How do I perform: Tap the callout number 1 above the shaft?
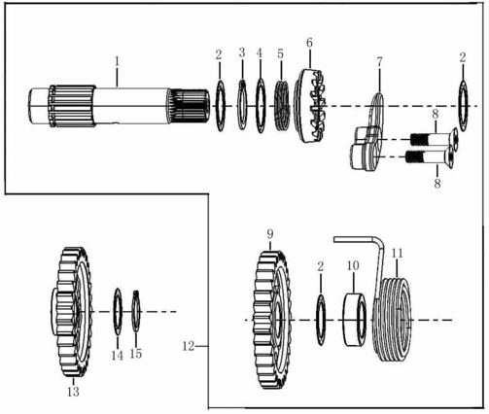coord(117,61)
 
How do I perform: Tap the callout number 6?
coord(310,43)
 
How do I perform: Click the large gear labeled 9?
coord(275,319)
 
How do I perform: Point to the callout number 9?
coord(271,234)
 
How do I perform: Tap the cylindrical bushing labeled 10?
coord(355,319)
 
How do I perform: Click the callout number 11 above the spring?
coord(397,253)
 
